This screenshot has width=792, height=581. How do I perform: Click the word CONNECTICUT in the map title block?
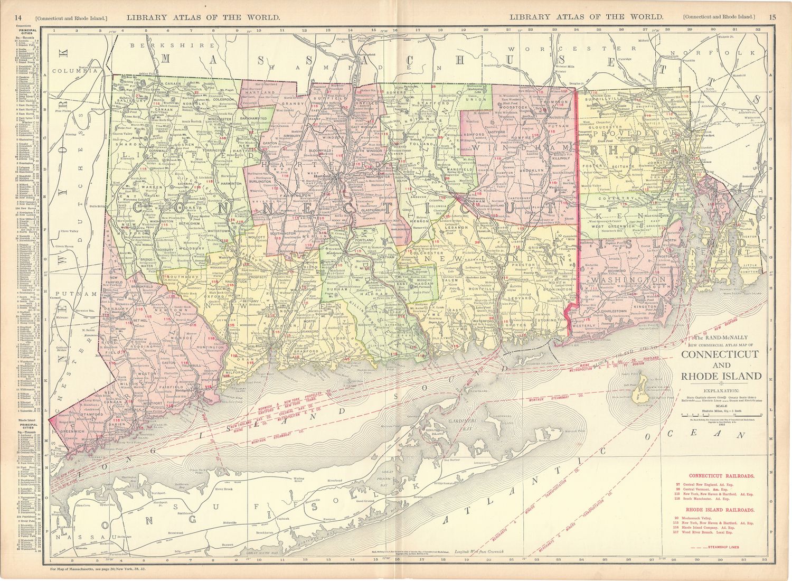(720, 354)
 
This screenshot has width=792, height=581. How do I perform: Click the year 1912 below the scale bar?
(721, 425)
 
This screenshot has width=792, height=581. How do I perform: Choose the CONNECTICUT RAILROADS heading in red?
(721, 476)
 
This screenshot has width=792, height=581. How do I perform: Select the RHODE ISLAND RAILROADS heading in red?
(719, 510)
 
